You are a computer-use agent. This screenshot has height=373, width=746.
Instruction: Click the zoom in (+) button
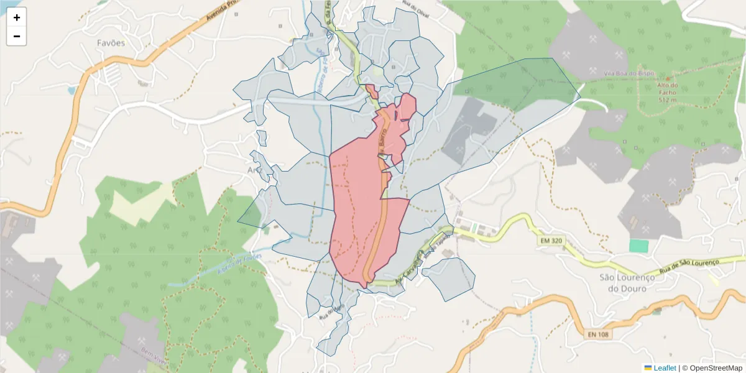17,17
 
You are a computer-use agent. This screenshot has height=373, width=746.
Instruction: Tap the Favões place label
111,43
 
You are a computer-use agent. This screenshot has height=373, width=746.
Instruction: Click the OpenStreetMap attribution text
712,368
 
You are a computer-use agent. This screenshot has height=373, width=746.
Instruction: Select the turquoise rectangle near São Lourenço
638,246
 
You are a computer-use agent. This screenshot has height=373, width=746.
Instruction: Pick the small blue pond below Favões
71,90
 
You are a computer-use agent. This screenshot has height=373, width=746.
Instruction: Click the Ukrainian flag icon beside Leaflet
648,368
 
